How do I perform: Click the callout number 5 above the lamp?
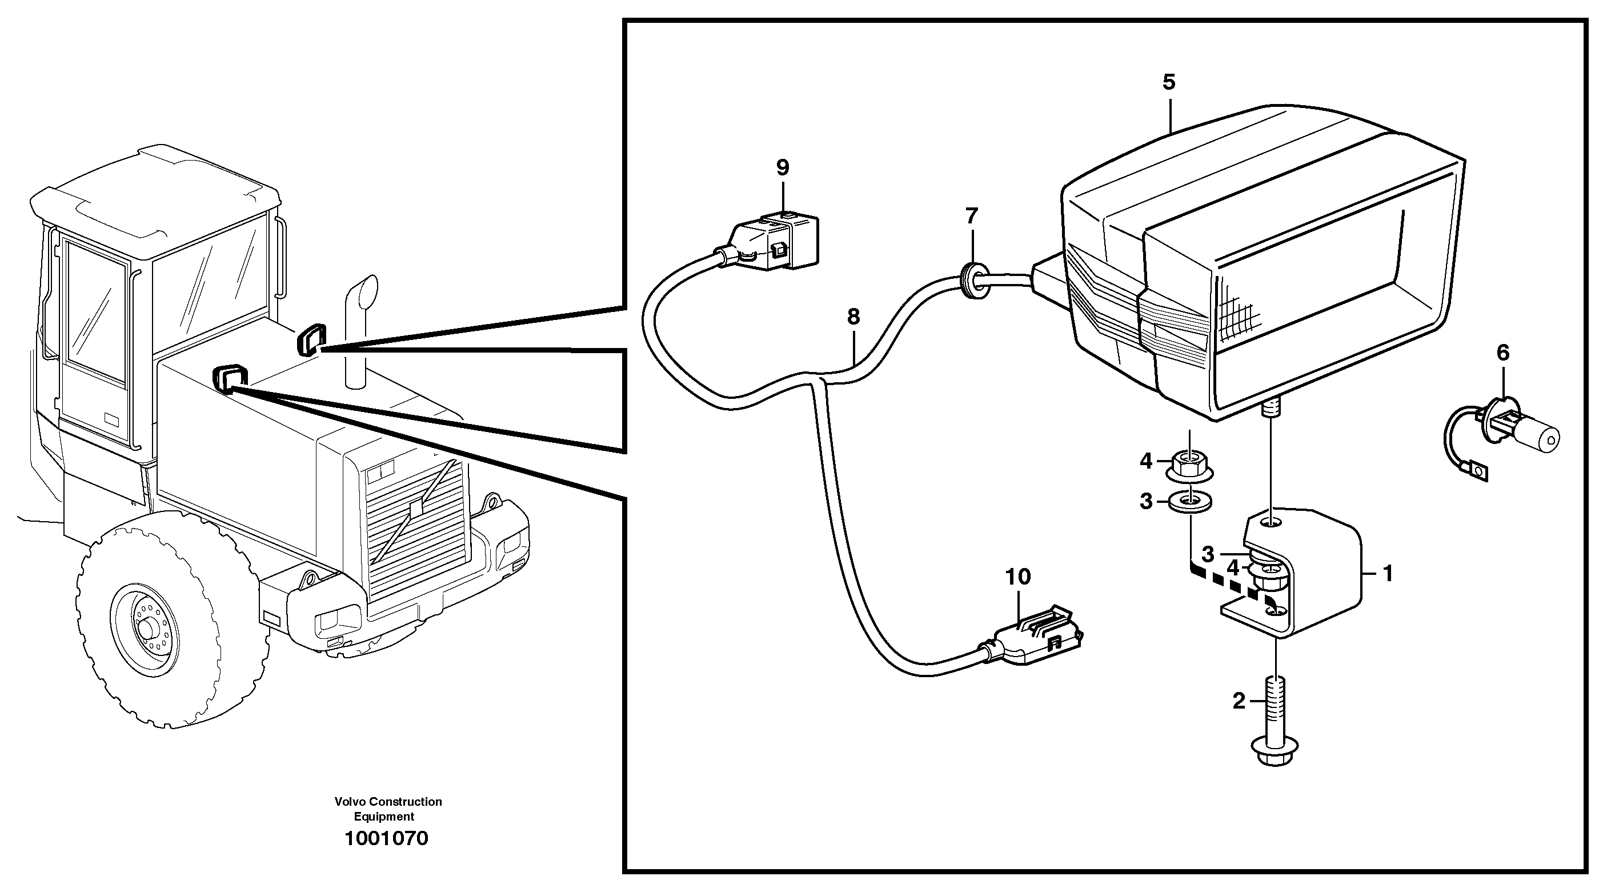[1169, 82]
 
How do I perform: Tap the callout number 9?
[782, 167]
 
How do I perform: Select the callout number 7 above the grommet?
[971, 216]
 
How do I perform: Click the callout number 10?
[1018, 577]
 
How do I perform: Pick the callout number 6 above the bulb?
[1503, 353]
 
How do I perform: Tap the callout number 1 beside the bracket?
[1387, 573]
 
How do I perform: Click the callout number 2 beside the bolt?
[1239, 702]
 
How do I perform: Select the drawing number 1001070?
[386, 838]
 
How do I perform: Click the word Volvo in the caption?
[348, 802]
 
